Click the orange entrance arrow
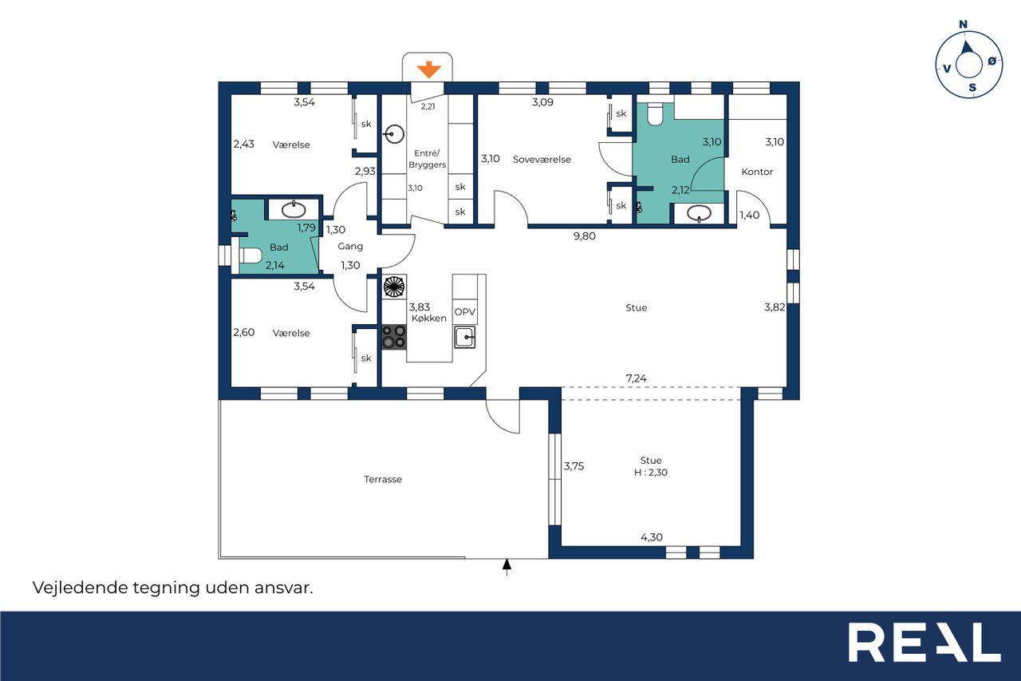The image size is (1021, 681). (428, 69)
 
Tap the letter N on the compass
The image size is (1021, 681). (963, 25)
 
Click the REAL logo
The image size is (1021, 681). (924, 642)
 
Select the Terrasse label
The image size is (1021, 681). (383, 479)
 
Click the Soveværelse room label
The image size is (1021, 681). (542, 160)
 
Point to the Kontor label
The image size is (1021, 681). (757, 172)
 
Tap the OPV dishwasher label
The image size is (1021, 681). (465, 312)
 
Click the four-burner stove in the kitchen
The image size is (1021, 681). (394, 337)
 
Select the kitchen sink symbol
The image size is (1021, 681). (464, 337)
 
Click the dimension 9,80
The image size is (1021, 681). (585, 236)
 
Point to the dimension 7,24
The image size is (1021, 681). (636, 378)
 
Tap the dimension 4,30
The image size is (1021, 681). (652, 537)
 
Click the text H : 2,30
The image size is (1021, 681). (651, 473)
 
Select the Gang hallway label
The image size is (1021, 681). (350, 247)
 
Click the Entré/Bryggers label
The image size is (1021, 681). (427, 159)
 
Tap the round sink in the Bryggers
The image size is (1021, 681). (394, 134)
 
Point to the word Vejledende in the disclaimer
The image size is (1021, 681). (81, 588)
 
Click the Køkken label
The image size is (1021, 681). (429, 319)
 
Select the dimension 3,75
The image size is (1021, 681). (574, 466)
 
